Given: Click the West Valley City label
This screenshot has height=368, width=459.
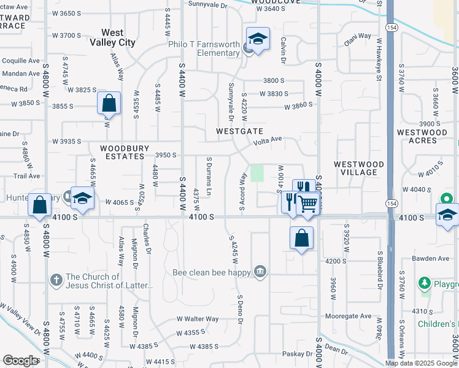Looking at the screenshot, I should click(x=112, y=38).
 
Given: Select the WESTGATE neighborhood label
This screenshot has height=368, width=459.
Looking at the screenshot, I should click(x=239, y=132).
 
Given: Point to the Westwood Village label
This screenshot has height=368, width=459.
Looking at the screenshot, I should click(x=359, y=169).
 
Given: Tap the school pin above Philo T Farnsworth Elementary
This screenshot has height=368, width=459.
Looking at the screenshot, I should click(x=258, y=39).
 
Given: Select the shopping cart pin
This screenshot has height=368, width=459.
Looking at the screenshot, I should click(x=308, y=202).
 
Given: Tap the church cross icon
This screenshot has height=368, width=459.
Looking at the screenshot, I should click(x=55, y=280).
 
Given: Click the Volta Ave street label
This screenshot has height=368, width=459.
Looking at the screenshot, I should click(x=269, y=140).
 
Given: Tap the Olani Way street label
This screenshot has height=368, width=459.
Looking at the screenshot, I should click(x=357, y=37).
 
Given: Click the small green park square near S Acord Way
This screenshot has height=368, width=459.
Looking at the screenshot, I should click(x=256, y=173).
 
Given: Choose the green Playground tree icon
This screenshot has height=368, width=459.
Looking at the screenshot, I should click(x=424, y=283).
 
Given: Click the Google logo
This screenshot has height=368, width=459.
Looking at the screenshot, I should click(x=21, y=361).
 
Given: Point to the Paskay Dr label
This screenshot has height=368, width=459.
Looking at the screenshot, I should click(x=298, y=355).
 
